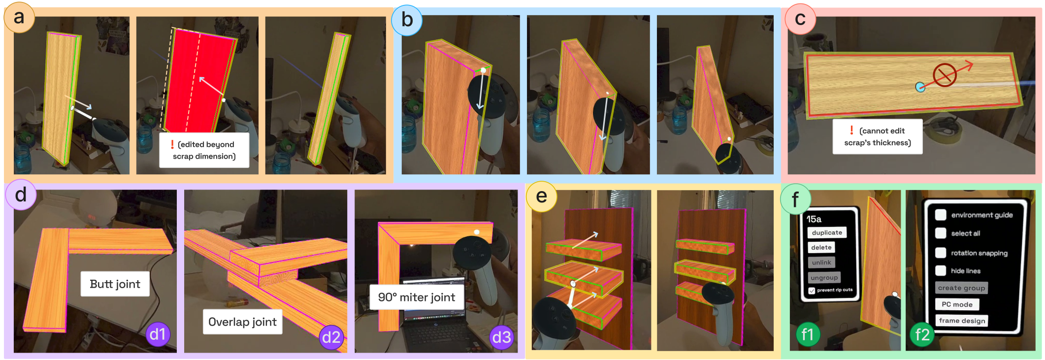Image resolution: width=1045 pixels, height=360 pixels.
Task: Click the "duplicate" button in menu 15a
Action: [x=827, y=232]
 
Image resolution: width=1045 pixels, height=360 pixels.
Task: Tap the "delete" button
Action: [x=821, y=247]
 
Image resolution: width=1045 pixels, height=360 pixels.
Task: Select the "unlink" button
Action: [x=821, y=262]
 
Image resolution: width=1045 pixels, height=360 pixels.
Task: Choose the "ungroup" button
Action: [x=824, y=277]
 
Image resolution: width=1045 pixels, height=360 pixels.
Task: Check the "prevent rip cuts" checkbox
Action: [x=812, y=291]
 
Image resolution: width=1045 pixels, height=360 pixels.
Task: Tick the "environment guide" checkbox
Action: [x=941, y=215]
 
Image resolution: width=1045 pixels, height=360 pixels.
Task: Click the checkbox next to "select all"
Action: [x=941, y=233]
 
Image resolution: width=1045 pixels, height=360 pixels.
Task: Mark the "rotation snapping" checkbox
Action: [x=941, y=253]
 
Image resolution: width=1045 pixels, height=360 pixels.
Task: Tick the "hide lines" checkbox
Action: [x=941, y=270]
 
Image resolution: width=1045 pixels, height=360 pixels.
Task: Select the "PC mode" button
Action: [x=957, y=304]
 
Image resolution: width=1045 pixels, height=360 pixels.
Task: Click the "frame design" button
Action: [x=962, y=321]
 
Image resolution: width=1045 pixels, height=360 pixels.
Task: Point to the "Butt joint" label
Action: [x=115, y=284]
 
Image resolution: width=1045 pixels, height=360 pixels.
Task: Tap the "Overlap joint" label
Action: [x=242, y=322]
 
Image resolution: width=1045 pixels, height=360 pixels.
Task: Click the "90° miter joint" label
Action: [x=417, y=297]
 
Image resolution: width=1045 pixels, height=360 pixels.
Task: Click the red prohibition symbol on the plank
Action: [x=944, y=75]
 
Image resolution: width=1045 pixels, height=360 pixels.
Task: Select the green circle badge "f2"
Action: [x=922, y=335]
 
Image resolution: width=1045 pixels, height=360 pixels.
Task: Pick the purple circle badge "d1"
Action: [x=158, y=334]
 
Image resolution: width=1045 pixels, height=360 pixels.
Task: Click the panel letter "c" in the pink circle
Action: [x=800, y=19]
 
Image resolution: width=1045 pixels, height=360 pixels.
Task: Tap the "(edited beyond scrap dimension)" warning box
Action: [x=204, y=150]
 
